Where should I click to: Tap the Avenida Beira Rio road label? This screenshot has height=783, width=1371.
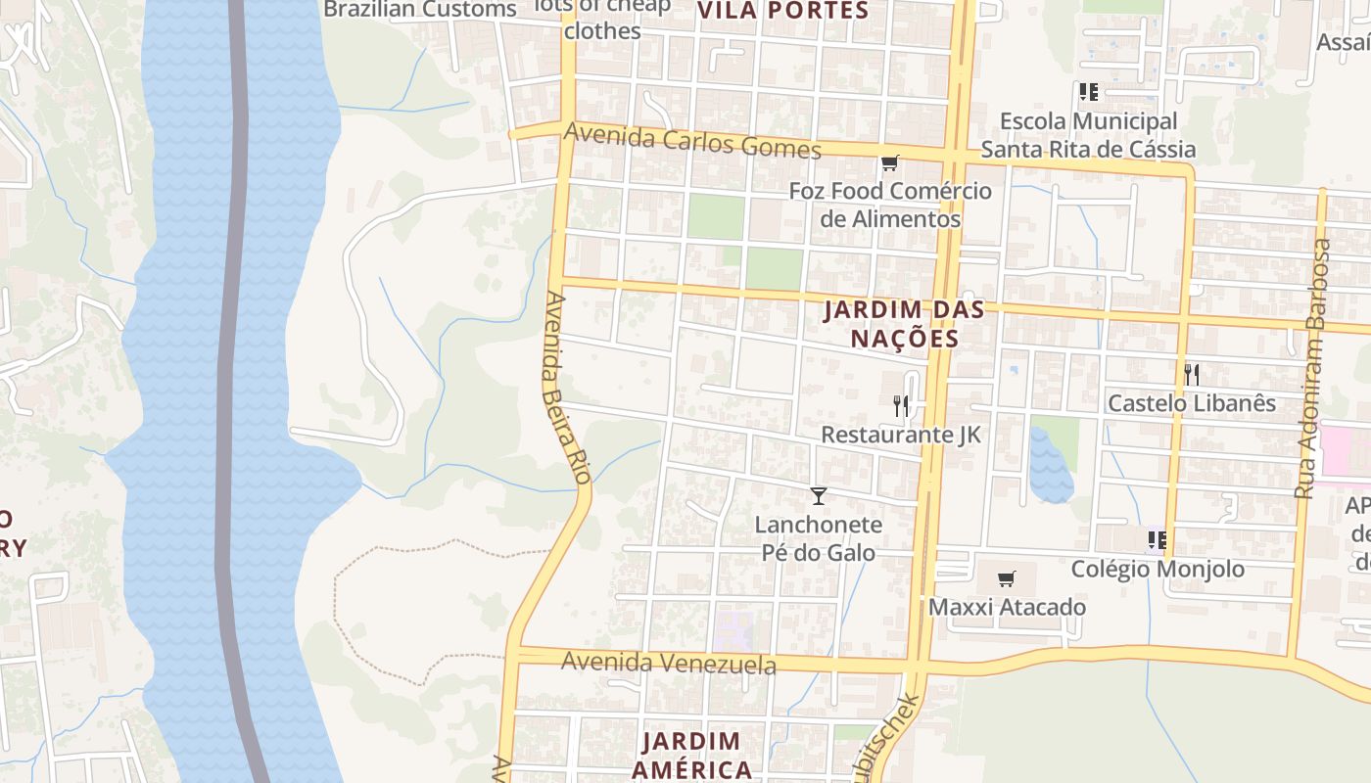pos(566,387)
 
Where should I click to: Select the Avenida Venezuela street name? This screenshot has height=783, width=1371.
pos(668,664)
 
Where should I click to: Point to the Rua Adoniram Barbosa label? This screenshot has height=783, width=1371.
pos(1312,369)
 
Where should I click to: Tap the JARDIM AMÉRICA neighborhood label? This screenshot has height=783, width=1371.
pos(691,755)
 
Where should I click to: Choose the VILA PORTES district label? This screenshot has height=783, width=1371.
pos(782,11)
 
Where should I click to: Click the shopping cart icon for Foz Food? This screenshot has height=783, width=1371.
pos(889,162)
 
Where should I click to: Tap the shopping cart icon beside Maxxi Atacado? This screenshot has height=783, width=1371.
pos(1006,578)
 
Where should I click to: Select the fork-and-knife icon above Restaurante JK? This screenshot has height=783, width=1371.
pos(901,405)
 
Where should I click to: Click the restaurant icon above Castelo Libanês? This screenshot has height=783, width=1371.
pos(1191,374)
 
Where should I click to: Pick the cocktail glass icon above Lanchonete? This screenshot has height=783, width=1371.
pos(819,496)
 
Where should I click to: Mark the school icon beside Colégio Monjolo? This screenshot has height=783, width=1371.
pos(1157,539)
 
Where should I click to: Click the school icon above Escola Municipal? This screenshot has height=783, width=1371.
pos(1088,92)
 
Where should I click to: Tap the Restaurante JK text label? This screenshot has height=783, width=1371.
pos(900,434)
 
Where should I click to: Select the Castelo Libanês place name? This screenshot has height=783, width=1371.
pos(1191,402)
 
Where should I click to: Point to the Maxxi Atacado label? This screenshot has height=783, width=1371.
pos(1007,607)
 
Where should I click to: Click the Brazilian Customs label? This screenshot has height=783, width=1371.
pos(419,10)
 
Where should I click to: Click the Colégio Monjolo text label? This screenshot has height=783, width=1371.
pos(1158,569)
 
